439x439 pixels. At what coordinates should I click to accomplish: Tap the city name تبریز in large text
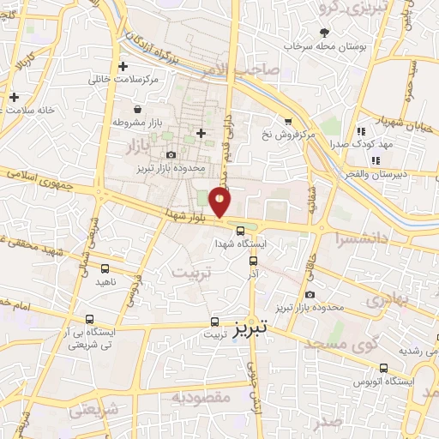[250, 327]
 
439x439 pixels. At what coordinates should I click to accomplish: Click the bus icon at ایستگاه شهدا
[240, 230]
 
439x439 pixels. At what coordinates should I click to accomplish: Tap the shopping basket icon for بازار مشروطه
[138, 109]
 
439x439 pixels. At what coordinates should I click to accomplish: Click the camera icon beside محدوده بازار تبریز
[171, 154]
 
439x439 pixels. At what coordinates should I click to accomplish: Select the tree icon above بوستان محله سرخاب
[324, 32]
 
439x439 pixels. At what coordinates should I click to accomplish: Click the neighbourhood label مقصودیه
[201, 396]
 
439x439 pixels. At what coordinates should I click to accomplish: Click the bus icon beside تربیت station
[214, 323]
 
